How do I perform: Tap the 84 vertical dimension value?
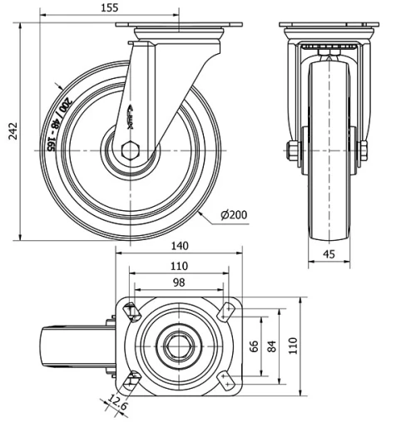(272, 346)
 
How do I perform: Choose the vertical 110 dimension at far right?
(292, 346)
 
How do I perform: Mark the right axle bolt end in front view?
(364, 150)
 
